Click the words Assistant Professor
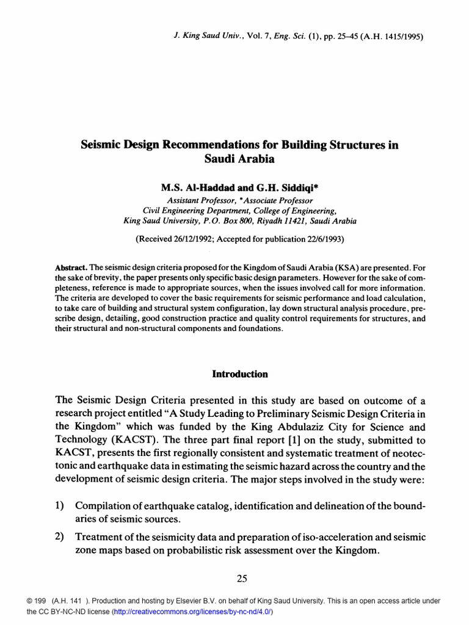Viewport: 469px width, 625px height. (196, 200)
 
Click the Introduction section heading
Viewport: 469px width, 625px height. (239, 374)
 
